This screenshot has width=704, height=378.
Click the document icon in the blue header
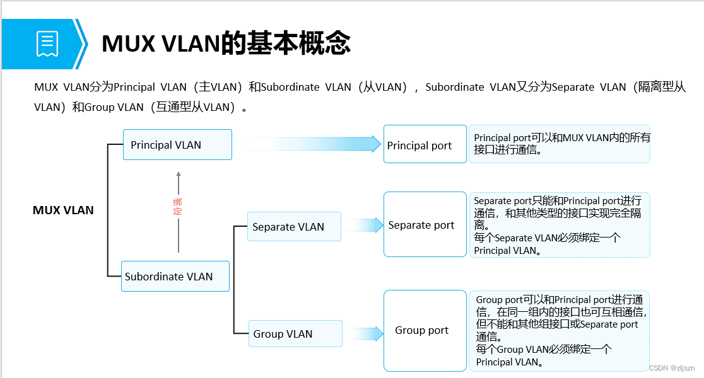click(47, 44)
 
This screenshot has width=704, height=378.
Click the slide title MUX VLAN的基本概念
click(226, 43)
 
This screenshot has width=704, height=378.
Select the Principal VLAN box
click(177, 145)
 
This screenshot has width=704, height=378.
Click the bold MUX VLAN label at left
click(63, 210)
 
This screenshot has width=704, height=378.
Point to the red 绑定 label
click(178, 207)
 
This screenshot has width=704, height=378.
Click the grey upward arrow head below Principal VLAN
click(179, 175)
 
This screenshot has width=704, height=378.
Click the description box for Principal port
click(559, 144)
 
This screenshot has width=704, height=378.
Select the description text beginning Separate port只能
click(559, 225)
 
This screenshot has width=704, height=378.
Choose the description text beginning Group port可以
click(559, 331)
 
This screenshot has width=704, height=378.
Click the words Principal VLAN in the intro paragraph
click(149, 88)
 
